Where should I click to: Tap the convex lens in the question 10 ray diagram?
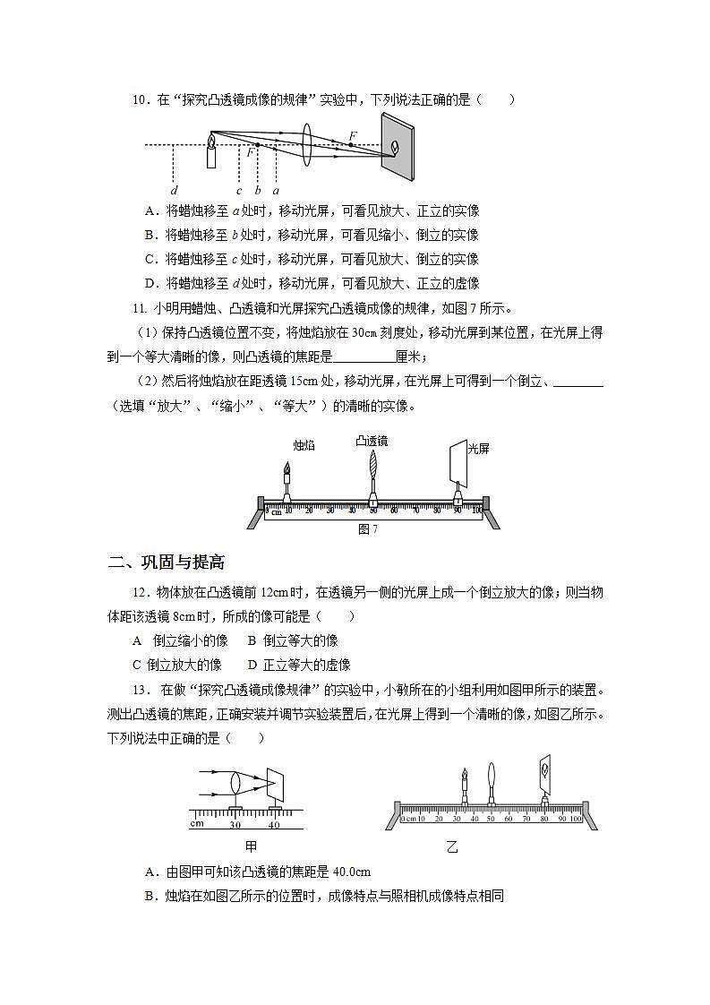tap(307, 143)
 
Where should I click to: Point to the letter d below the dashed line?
tap(174, 190)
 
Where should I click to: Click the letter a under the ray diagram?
tap(276, 190)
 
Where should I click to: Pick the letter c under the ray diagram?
tap(239, 190)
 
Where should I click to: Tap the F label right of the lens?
tap(353, 135)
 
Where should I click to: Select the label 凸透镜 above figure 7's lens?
tap(372, 441)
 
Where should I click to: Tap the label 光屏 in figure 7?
tap(478, 448)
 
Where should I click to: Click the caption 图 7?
tap(367, 528)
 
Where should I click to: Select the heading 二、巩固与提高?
tap(166, 562)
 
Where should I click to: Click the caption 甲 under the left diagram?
tap(251, 845)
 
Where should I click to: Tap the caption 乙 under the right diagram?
tap(452, 845)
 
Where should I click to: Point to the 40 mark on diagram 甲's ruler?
tap(274, 825)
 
